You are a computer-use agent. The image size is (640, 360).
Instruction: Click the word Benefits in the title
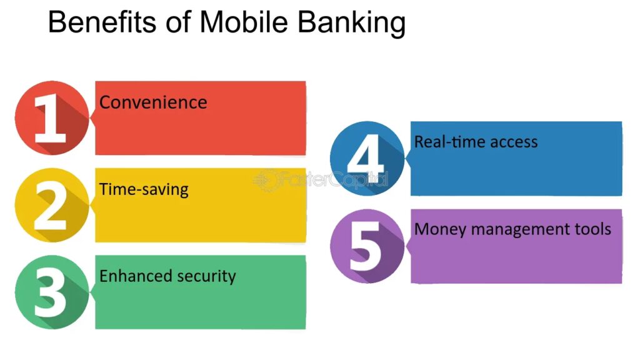click(102, 22)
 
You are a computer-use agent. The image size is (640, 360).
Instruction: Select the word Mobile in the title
click(244, 22)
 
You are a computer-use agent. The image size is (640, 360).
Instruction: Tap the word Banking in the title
click(351, 24)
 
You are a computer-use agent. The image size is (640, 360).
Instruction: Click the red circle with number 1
click(52, 118)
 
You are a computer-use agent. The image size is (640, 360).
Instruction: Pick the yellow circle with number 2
click(52, 205)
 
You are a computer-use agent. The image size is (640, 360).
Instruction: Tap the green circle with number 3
click(52, 292)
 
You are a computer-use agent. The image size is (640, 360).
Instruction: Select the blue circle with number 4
click(367, 158)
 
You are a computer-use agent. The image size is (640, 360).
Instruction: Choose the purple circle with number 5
click(367, 246)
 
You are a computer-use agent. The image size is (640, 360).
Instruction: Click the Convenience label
click(153, 102)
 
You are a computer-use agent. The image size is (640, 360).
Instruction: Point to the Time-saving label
click(144, 190)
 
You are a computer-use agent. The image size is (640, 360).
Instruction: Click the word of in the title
click(178, 22)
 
